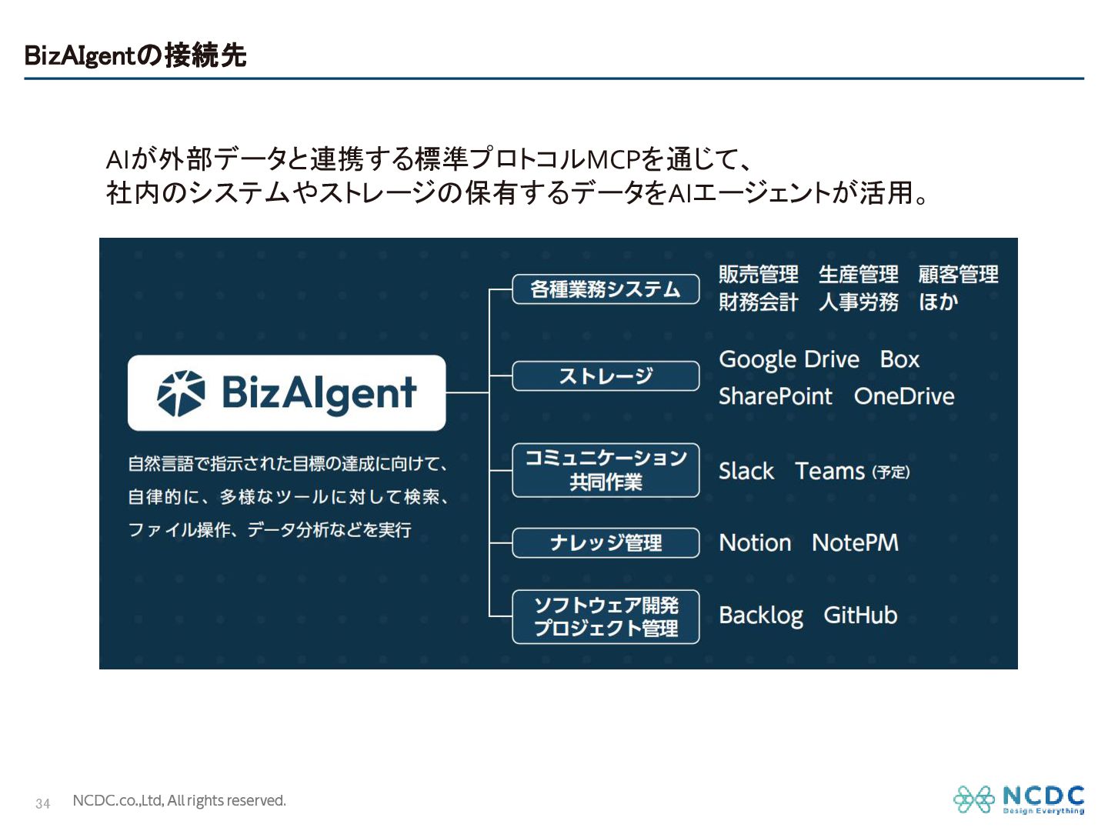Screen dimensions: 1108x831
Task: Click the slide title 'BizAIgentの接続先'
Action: pos(135,55)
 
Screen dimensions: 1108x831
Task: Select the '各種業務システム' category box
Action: pos(606,289)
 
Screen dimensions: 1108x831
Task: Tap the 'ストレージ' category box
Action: pos(606,376)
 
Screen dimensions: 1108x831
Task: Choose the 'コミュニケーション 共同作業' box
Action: pos(606,470)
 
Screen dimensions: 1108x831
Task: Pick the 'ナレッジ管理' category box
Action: pos(606,542)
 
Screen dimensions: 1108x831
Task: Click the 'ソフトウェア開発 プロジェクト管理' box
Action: pos(606,616)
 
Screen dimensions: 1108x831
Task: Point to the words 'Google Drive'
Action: pos(789,359)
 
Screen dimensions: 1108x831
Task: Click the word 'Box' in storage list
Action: pos(899,359)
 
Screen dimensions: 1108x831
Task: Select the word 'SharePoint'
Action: pos(775,396)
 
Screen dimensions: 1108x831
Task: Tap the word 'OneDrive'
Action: pos(904,396)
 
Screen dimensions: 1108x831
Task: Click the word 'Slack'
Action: pos(746,471)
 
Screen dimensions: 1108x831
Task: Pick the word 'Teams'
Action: pos(829,471)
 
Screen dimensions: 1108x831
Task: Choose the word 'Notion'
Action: pos(755,542)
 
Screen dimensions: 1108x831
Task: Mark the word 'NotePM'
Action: pos(855,542)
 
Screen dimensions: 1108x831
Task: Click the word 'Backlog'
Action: pos(760,616)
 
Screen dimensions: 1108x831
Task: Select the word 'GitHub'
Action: pos(860,616)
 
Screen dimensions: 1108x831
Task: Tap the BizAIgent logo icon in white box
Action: pos(181,393)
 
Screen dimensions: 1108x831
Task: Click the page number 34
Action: pos(43,803)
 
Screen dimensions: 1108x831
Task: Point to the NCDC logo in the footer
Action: pos(1019,799)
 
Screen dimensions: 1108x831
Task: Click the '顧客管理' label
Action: pos(958,274)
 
